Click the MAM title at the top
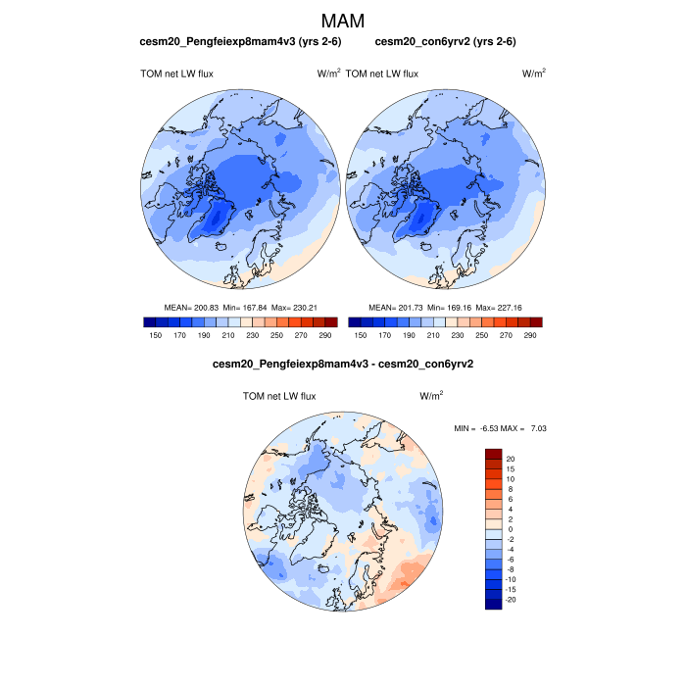click(x=342, y=20)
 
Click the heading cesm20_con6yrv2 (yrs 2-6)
click(x=446, y=41)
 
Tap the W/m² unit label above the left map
click(x=328, y=73)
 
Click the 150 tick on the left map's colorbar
click(x=155, y=335)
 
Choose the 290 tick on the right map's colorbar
click(x=529, y=335)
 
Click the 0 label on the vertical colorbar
click(x=510, y=529)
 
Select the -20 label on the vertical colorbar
click(x=512, y=598)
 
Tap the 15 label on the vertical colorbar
click(x=511, y=469)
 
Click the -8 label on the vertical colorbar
click(x=511, y=568)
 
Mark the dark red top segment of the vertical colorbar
click(x=493, y=454)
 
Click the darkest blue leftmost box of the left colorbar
click(x=149, y=321)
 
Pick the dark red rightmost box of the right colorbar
click(x=535, y=321)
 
